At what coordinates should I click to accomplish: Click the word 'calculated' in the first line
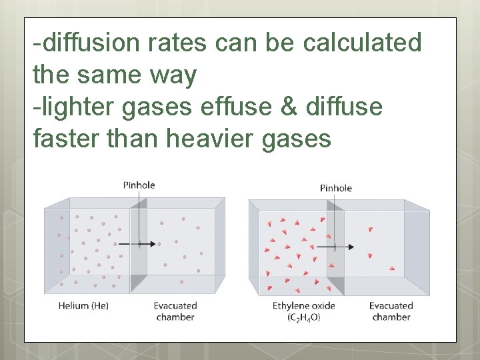(x=362, y=43)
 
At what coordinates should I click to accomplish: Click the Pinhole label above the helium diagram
(x=139, y=185)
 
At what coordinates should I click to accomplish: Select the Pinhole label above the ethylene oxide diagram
(x=335, y=188)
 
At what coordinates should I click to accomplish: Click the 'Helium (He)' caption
(x=83, y=306)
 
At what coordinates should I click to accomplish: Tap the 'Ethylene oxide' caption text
(x=303, y=306)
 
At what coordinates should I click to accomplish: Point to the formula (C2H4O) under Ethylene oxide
(x=304, y=317)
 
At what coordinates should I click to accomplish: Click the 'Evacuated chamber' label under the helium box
(x=175, y=311)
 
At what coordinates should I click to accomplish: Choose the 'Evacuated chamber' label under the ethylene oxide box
(x=391, y=311)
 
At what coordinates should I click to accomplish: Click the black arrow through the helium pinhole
(x=148, y=244)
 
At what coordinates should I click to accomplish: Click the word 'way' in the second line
(x=174, y=75)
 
